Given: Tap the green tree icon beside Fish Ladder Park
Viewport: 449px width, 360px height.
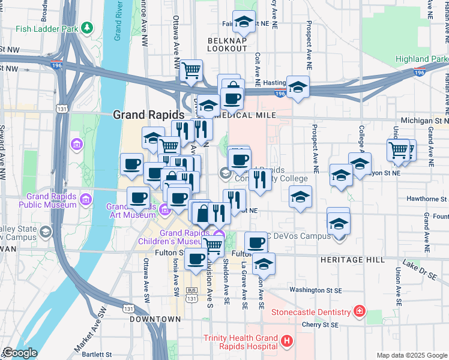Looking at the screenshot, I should (88, 28).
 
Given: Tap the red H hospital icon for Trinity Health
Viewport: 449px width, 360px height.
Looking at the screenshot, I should (286, 341).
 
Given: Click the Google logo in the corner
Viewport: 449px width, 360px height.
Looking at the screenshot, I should (20, 353).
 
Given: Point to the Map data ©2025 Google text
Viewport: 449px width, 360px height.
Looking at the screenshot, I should (411, 355).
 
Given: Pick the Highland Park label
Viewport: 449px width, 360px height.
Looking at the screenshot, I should (421, 59).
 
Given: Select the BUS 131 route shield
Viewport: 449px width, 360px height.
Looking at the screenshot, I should (191, 297).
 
